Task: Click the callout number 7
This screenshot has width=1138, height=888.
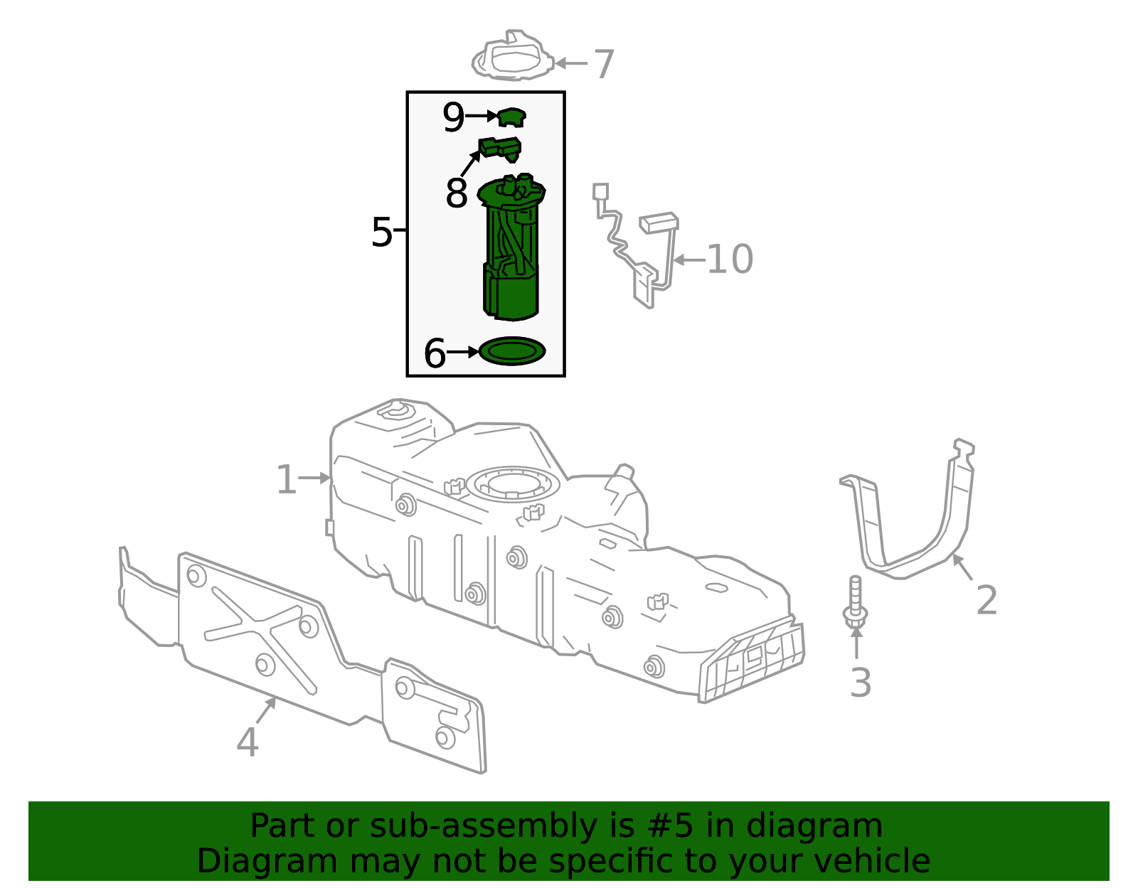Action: coord(604,64)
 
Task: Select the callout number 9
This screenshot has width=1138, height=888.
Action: coord(453,117)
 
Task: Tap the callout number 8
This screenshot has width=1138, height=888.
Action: coord(456,193)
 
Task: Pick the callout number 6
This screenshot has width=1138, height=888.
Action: coord(435,353)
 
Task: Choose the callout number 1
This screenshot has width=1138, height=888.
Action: coord(286,480)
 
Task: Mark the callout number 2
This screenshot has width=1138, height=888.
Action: coord(987,600)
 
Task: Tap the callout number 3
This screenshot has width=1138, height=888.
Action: coord(861,683)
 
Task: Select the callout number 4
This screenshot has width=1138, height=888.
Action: coord(247,742)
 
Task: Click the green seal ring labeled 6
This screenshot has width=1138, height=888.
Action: coord(512,351)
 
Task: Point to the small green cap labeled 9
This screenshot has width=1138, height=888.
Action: coord(511,117)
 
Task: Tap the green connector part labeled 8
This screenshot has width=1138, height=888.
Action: coord(500,148)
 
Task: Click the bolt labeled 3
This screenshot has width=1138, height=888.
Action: coord(856,604)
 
